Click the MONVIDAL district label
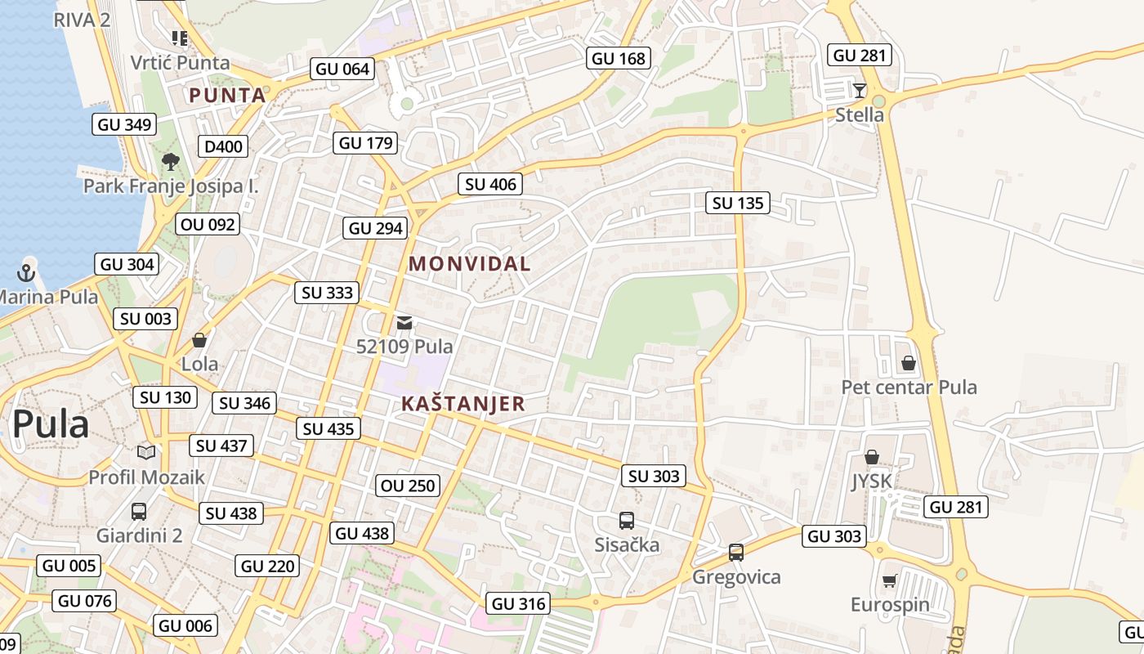pos(470,264)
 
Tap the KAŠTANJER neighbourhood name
pos(463,404)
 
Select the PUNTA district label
pos(228,96)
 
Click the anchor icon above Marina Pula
pos(27,272)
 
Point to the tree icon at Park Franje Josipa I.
pos(171,162)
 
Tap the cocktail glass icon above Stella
pos(859,90)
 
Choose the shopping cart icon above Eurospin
pos(889,580)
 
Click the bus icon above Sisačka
pos(627,520)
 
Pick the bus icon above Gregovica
pos(736,553)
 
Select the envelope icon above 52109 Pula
pos(404,322)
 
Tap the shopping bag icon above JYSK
pos(872,457)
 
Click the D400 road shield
pos(223,146)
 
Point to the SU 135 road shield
pos(738,203)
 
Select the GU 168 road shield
pos(619,58)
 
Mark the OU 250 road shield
pos(409,486)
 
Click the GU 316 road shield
pos(519,604)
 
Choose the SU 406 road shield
pos(490,184)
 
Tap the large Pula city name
pos(51,424)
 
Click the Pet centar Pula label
pos(909,387)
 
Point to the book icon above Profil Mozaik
pos(146,452)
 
